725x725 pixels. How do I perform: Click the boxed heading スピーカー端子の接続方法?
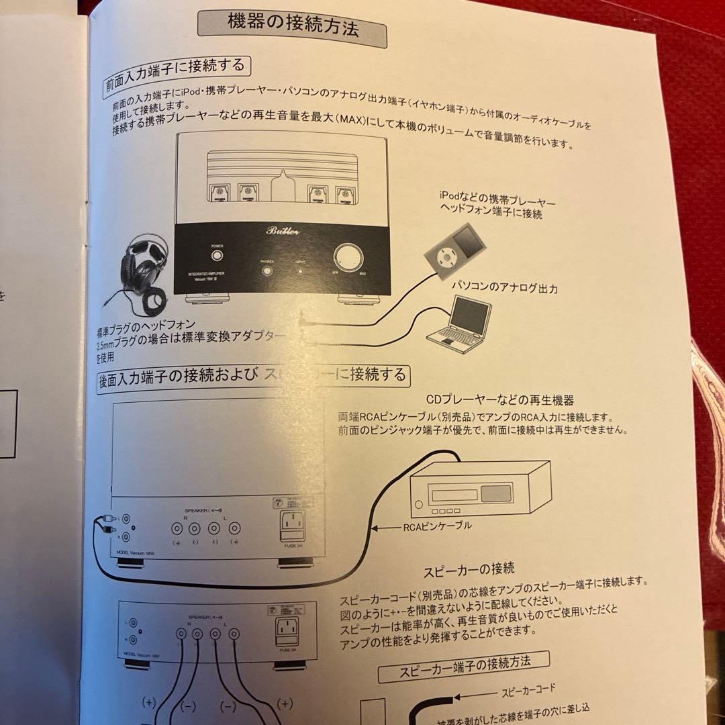pyautogui.click(x=464, y=664)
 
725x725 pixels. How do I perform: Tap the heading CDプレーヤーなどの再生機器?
pyautogui.click(x=499, y=400)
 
